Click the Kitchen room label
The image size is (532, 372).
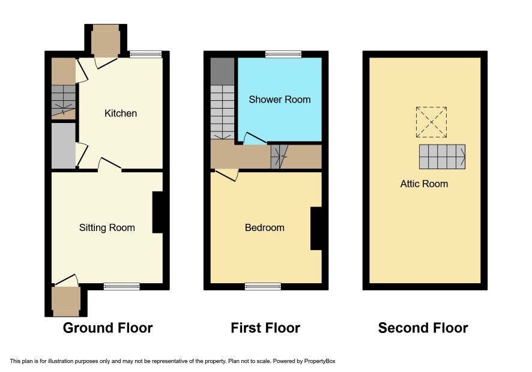(121, 113)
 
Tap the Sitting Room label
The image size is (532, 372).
(107, 227)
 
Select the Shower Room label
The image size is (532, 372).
(280, 100)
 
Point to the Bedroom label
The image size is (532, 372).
(265, 227)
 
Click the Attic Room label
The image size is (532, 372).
(424, 184)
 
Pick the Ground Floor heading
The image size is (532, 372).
(108, 328)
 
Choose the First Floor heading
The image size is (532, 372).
(265, 328)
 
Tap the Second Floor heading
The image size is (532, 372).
(423, 328)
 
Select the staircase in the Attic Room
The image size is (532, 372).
(442, 157)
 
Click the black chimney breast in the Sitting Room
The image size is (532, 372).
(158, 212)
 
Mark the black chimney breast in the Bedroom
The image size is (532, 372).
(316, 229)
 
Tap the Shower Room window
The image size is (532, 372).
(283, 54)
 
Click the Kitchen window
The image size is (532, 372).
(146, 54)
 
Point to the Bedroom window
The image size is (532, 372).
(263, 287)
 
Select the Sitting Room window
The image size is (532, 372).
(122, 287)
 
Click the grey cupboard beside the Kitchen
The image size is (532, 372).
(64, 145)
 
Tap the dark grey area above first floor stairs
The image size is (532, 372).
(222, 71)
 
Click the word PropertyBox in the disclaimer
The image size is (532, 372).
(319, 361)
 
